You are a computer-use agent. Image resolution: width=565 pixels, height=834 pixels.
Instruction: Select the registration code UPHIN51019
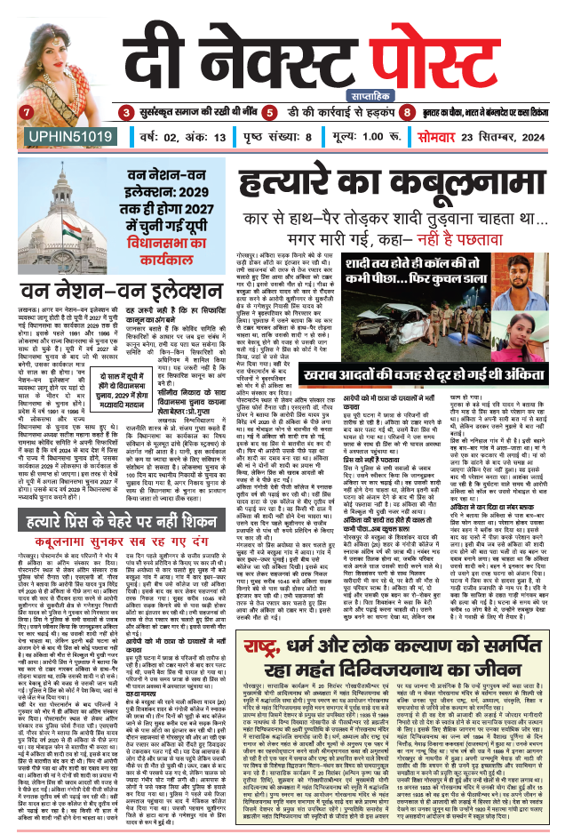[x=62, y=135]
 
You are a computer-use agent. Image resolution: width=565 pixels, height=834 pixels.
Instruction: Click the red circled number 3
[x=125, y=113]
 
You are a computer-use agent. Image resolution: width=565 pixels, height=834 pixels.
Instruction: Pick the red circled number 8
[x=407, y=113]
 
